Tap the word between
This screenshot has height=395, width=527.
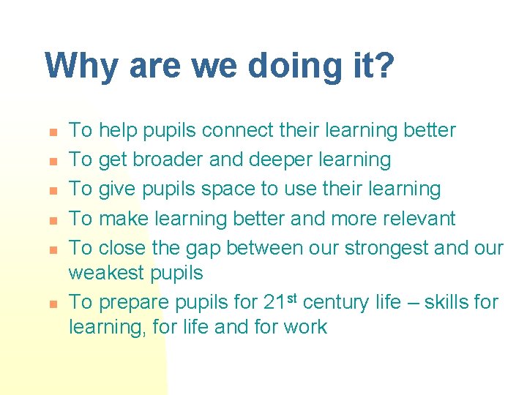280,248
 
